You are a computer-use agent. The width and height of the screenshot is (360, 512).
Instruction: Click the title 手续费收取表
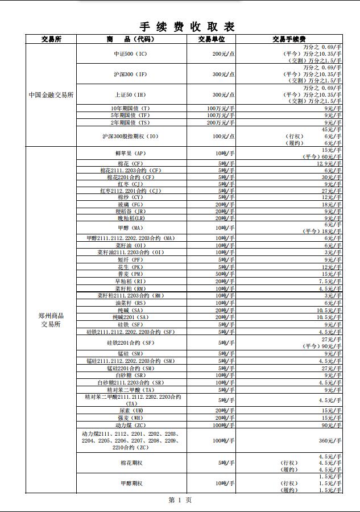pyautogui.click(x=187, y=27)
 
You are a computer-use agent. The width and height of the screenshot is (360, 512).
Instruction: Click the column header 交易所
pyautogui.click(x=51, y=39)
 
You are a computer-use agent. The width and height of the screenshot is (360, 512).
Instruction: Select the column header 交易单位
pyautogui.click(x=212, y=39)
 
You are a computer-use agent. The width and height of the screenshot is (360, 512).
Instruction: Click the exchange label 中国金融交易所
pyautogui.click(x=51, y=95)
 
